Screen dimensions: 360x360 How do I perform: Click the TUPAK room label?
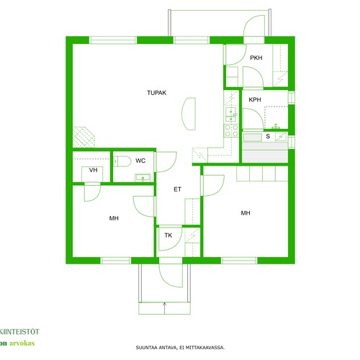156,93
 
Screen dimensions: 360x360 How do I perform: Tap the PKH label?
256,58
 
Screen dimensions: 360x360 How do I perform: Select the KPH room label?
255,99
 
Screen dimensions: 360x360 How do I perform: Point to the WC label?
140,161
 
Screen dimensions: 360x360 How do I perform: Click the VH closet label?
93,170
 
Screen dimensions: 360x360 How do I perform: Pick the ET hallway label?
177,189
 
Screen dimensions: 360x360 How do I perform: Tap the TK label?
168,235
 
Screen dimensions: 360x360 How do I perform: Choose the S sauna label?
268,136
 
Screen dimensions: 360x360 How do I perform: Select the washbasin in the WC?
143,178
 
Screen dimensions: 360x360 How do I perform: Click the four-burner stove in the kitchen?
231,130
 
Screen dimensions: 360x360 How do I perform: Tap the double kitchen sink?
231,114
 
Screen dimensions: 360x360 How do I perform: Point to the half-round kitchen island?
189,114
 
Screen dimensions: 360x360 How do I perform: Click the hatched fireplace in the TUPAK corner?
84,137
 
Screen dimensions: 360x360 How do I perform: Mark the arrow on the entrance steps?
164,308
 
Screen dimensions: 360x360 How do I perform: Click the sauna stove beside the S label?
281,137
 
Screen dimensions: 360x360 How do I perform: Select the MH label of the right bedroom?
246,213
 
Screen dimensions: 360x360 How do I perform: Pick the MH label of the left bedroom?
114,218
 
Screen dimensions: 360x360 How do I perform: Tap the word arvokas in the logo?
22,343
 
